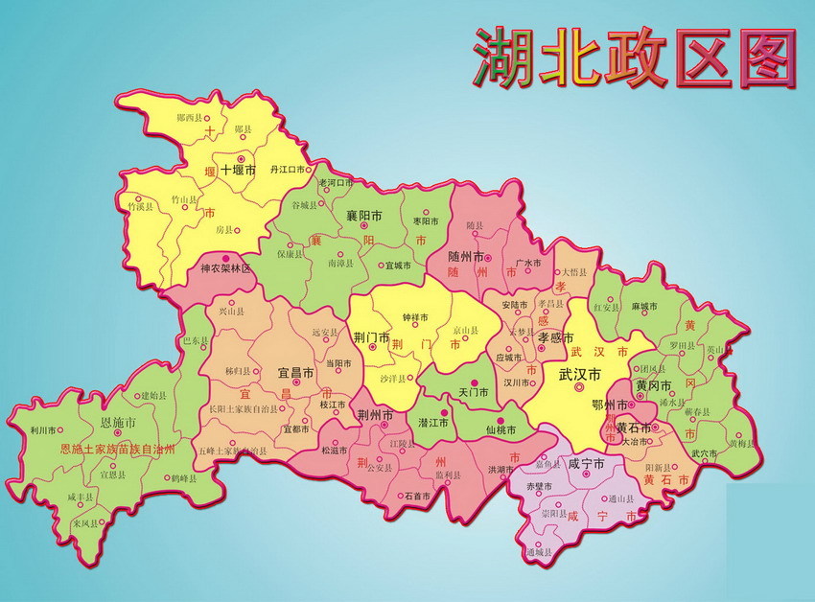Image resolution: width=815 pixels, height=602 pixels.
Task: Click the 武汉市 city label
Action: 580,374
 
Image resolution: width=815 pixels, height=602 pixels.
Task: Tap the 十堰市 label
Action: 238,170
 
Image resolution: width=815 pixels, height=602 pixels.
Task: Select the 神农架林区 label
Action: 224,269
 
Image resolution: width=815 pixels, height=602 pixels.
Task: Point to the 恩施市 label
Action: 118,422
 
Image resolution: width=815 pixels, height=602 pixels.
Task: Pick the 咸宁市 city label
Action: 586,463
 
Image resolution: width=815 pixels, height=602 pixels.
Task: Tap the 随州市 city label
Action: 472,256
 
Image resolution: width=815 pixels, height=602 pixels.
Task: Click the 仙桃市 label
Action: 501,430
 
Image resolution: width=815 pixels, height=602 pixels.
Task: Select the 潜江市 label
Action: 432,423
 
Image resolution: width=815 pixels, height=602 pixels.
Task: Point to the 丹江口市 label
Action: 287,169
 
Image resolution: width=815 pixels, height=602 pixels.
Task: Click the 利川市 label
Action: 43,431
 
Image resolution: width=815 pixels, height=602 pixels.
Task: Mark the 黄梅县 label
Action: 741,444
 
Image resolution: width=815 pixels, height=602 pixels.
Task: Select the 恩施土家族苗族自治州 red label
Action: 118,449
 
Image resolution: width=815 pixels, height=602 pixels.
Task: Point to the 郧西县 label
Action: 191,117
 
